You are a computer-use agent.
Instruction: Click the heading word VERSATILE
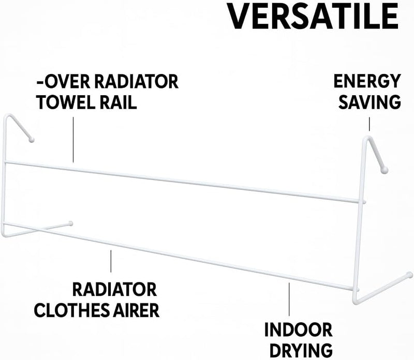pyautogui.click(x=313, y=16)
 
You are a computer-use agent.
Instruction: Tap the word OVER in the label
pyautogui.click(x=67, y=82)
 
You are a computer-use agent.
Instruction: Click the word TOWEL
pyautogui.click(x=66, y=102)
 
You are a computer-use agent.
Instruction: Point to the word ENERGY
pyautogui.click(x=367, y=81)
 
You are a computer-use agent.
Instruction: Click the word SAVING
pyautogui.click(x=369, y=102)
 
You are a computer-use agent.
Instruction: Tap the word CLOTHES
pyautogui.click(x=71, y=310)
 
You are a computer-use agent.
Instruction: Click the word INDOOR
pyautogui.click(x=299, y=329)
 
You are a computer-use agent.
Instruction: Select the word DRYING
pyautogui.click(x=301, y=351)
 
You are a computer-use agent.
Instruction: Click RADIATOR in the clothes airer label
pyautogui.click(x=114, y=290)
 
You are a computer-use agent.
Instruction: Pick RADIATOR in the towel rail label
pyautogui.click(x=137, y=82)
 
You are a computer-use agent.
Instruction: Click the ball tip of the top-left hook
pyautogui.click(x=32, y=140)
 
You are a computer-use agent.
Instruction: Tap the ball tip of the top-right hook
pyautogui.click(x=384, y=170)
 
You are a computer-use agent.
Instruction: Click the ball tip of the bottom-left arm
pyautogui.click(x=70, y=223)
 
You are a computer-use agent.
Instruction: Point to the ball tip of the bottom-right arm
pyautogui.click(x=409, y=275)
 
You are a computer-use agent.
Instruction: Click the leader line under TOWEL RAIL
pyautogui.click(x=73, y=140)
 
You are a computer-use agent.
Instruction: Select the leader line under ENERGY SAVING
pyautogui.click(x=369, y=124)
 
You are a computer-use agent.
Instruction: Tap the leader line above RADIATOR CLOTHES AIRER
pyautogui.click(x=111, y=261)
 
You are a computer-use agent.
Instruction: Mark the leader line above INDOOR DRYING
pyautogui.click(x=289, y=299)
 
